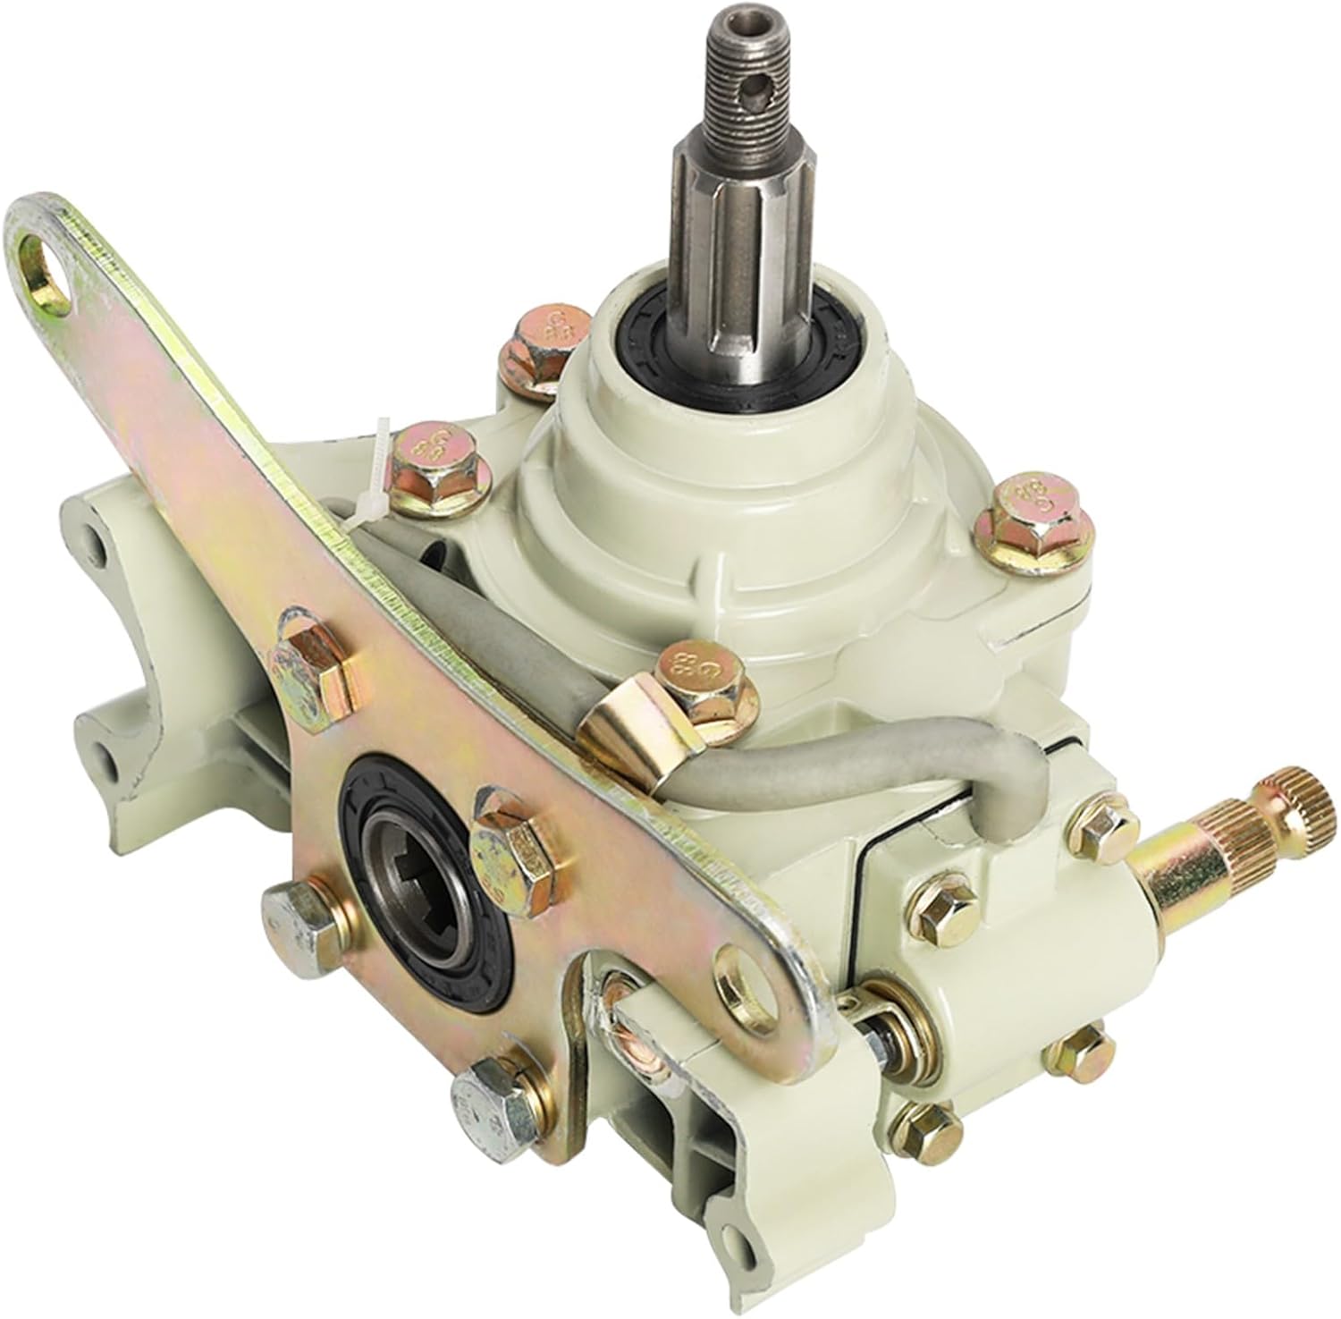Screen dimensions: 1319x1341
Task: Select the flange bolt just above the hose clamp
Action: coord(706,684)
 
